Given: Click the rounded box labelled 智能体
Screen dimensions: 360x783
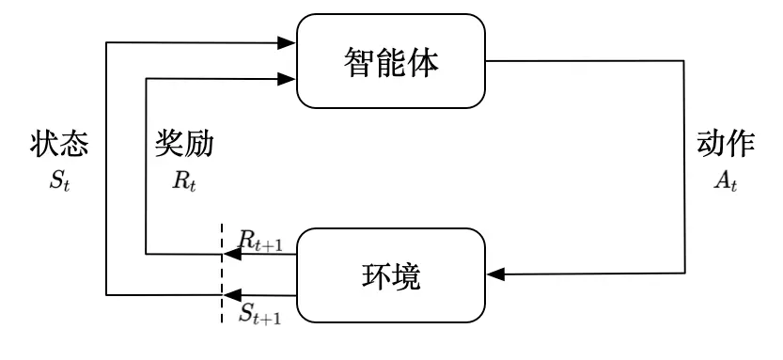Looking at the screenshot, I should point(390,62).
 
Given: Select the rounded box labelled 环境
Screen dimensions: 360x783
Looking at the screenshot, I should point(390,273).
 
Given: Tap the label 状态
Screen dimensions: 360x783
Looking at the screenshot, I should point(59,143).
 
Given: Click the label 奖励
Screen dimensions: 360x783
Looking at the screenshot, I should point(184,143).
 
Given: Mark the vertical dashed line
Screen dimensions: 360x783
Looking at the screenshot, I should point(223,273).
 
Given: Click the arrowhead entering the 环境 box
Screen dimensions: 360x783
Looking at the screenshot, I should point(494,274).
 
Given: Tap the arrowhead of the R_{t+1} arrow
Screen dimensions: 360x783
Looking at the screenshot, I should point(229,253).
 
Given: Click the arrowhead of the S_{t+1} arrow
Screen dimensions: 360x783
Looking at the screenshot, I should point(229,294).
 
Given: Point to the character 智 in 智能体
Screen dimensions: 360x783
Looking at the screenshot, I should point(357,63).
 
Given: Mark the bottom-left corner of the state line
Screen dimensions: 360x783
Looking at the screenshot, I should point(107,294).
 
